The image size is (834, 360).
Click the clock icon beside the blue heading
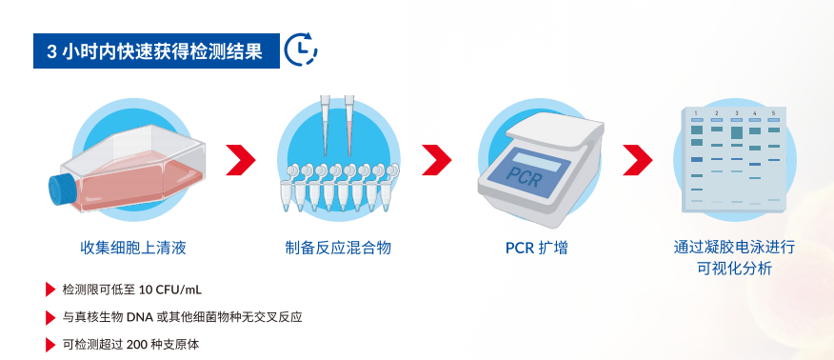tap(302, 49)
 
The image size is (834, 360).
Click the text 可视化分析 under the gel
tap(734, 269)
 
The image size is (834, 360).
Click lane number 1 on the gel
tap(696, 112)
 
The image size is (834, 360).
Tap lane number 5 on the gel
tap(774, 112)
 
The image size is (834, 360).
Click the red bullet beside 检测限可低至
tap(50, 290)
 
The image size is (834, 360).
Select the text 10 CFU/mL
tap(170, 290)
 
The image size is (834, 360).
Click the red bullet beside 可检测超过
tap(50, 343)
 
